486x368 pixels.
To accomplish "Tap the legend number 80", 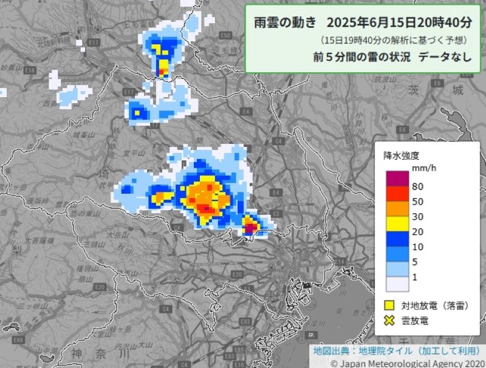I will pyautogui.click(x=417, y=186).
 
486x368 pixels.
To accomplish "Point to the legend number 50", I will pyautogui.click(x=417, y=201).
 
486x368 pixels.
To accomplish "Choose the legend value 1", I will pyautogui.click(x=414, y=277).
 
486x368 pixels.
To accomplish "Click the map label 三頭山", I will pyautogui.click(x=95, y=244).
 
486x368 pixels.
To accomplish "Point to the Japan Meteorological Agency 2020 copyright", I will pyautogui.click(x=405, y=363).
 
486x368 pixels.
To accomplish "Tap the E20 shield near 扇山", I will pyautogui.click(x=101, y=286).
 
